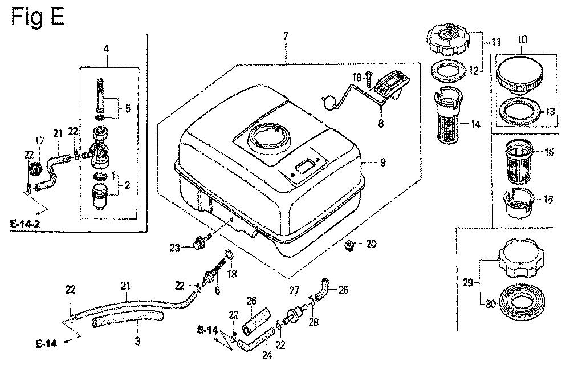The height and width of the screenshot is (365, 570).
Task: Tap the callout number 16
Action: coord(548,200)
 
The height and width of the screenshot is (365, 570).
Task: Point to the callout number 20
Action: coord(371,244)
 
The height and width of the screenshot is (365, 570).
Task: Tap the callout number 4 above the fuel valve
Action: coord(106,49)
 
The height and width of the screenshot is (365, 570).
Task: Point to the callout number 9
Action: coord(382,163)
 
